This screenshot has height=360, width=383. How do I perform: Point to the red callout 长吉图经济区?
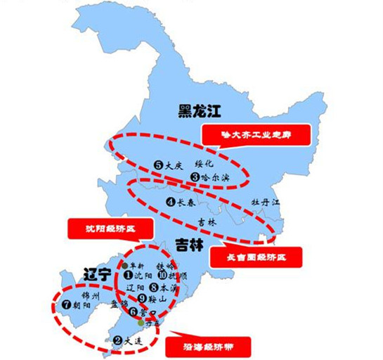tap(255, 257)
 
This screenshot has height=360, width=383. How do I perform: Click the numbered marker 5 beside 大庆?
tap(159, 165)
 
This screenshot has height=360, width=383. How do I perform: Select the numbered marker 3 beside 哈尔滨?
tap(195, 178)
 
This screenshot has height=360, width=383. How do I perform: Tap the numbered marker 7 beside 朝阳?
tap(67, 306)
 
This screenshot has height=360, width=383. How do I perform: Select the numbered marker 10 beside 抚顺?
tap(162, 276)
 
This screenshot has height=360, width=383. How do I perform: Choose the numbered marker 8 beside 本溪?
tap(153, 287)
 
